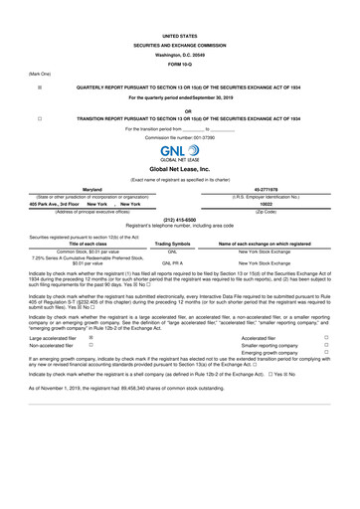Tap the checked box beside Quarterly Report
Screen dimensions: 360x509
(39, 87)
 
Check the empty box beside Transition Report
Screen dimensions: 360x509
(39, 116)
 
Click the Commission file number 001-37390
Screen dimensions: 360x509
(180, 136)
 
